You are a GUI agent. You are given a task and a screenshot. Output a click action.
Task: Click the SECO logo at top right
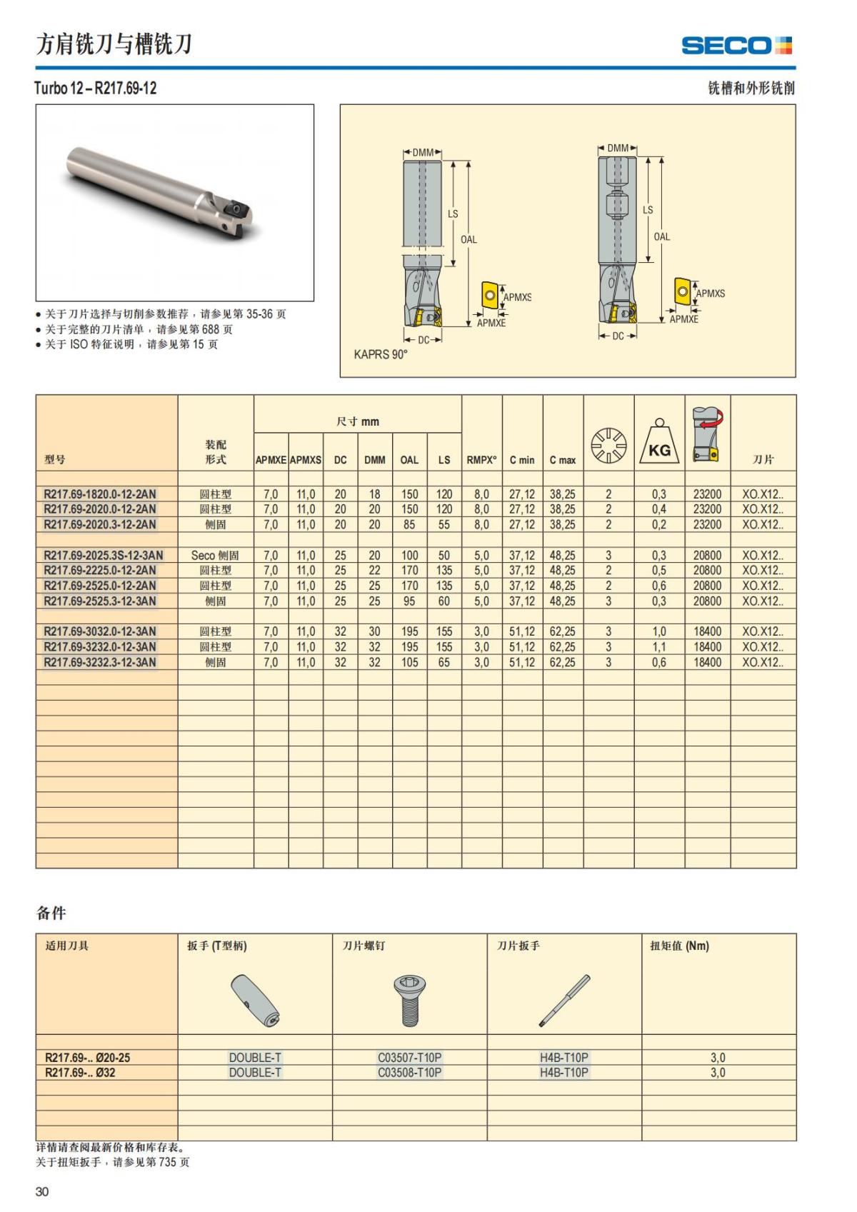click(736, 46)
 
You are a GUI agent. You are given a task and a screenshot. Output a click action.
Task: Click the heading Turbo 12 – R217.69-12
click(96, 89)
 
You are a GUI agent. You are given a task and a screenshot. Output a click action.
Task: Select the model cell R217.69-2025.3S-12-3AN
click(103, 555)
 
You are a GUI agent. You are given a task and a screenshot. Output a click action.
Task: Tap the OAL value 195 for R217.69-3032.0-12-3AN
click(409, 631)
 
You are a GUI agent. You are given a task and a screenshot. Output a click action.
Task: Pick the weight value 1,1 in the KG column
click(658, 647)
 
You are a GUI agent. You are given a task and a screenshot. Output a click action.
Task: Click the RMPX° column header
click(481, 460)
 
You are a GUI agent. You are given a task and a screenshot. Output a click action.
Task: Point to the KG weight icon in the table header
click(658, 440)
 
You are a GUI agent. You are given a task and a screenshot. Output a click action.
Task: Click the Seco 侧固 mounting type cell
click(215, 555)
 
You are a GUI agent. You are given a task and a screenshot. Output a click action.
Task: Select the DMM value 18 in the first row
click(374, 494)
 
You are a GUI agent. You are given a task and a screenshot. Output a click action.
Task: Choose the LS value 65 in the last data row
click(444, 662)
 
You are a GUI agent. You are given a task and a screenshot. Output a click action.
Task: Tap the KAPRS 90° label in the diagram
click(381, 354)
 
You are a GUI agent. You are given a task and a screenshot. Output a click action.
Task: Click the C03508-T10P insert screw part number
click(409, 1072)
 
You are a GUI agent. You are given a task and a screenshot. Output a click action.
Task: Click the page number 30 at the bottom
click(42, 1191)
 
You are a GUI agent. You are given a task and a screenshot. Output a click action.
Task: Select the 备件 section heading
click(51, 913)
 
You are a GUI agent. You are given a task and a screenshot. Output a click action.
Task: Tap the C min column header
click(522, 460)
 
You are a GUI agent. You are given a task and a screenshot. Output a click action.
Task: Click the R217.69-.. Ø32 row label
click(80, 1072)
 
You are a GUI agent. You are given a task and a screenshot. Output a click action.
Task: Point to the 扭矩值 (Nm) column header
click(679, 946)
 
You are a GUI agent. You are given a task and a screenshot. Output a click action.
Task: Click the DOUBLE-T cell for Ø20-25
click(255, 1057)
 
